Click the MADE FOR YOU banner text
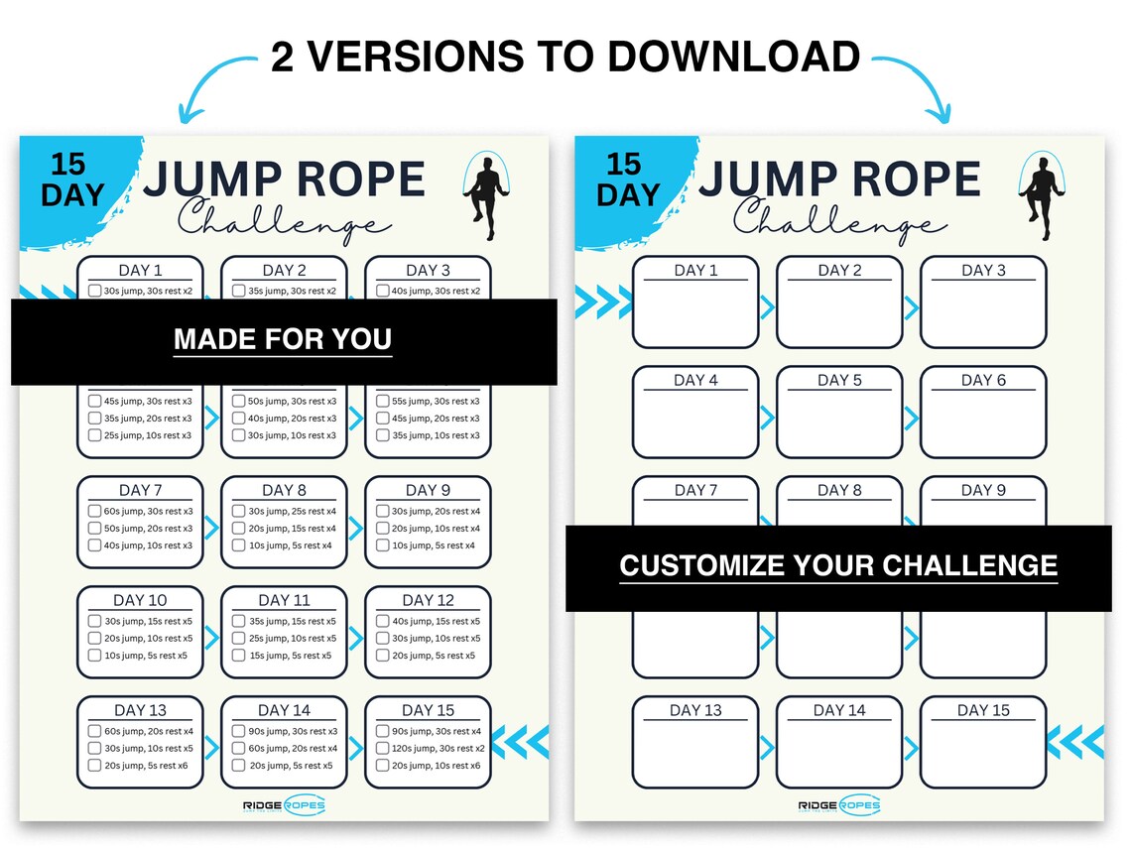tap(283, 340)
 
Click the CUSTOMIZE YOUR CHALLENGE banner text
tap(838, 566)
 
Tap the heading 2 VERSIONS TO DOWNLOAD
tap(565, 57)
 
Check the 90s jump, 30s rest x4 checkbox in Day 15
tap(382, 731)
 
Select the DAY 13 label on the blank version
tap(695, 710)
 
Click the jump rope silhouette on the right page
tap(1040, 196)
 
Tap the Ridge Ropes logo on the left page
tap(284, 805)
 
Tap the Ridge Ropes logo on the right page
tap(838, 805)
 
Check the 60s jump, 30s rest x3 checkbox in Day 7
tap(94, 511)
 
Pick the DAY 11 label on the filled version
tap(284, 600)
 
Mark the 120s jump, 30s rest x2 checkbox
tap(382, 748)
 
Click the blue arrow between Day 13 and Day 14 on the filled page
tap(211, 748)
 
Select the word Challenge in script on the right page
tap(839, 219)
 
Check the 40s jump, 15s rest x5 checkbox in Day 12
tap(382, 621)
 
